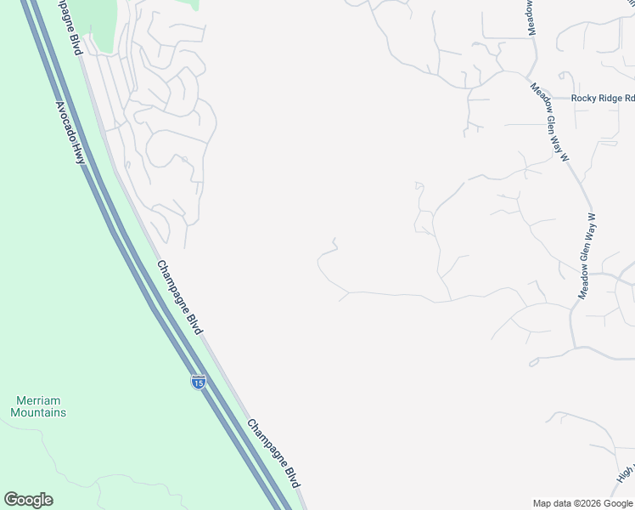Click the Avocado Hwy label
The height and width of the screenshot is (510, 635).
(70, 133)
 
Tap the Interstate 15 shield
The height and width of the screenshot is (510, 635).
(198, 382)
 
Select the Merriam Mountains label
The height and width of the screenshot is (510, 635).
(38, 406)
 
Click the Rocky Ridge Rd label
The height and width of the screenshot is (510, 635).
(603, 99)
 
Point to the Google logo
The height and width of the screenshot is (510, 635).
(28, 500)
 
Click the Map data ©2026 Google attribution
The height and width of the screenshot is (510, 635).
(582, 503)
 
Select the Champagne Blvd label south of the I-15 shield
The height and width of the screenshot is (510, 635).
(275, 453)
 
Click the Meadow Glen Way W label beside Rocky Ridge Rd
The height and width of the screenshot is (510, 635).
(548, 122)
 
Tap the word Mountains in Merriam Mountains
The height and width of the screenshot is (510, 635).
(38, 412)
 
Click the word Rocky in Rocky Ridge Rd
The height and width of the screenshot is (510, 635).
(583, 99)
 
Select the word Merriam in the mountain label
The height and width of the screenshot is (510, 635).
(38, 400)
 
